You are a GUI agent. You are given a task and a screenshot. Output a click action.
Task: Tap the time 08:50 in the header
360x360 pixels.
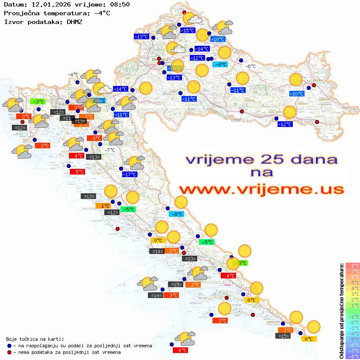tap(118, 5)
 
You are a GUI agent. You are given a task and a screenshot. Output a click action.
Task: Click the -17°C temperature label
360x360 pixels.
tap(129, 175)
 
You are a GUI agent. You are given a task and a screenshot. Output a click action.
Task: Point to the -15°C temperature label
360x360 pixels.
tap(188, 31)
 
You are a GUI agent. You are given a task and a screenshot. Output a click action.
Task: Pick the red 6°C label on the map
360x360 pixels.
tap(180, 350)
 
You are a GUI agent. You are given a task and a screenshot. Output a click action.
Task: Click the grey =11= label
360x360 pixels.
tap(67, 118)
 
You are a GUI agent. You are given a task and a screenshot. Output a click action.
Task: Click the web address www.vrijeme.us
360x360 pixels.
tap(261, 190)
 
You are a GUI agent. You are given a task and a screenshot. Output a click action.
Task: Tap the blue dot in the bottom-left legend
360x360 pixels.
tap(9, 346)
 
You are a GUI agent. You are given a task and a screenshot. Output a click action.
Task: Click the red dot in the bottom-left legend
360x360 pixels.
tap(9, 352)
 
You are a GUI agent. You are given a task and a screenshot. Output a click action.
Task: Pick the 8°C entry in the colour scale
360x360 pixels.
tap(353, 265)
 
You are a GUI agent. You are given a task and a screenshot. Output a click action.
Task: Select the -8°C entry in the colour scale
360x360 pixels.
tap(353, 357)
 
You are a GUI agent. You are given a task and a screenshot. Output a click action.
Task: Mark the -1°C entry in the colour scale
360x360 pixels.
tap(353, 316)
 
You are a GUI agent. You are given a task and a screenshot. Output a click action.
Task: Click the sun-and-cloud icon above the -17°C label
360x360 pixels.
tap(134, 162)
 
